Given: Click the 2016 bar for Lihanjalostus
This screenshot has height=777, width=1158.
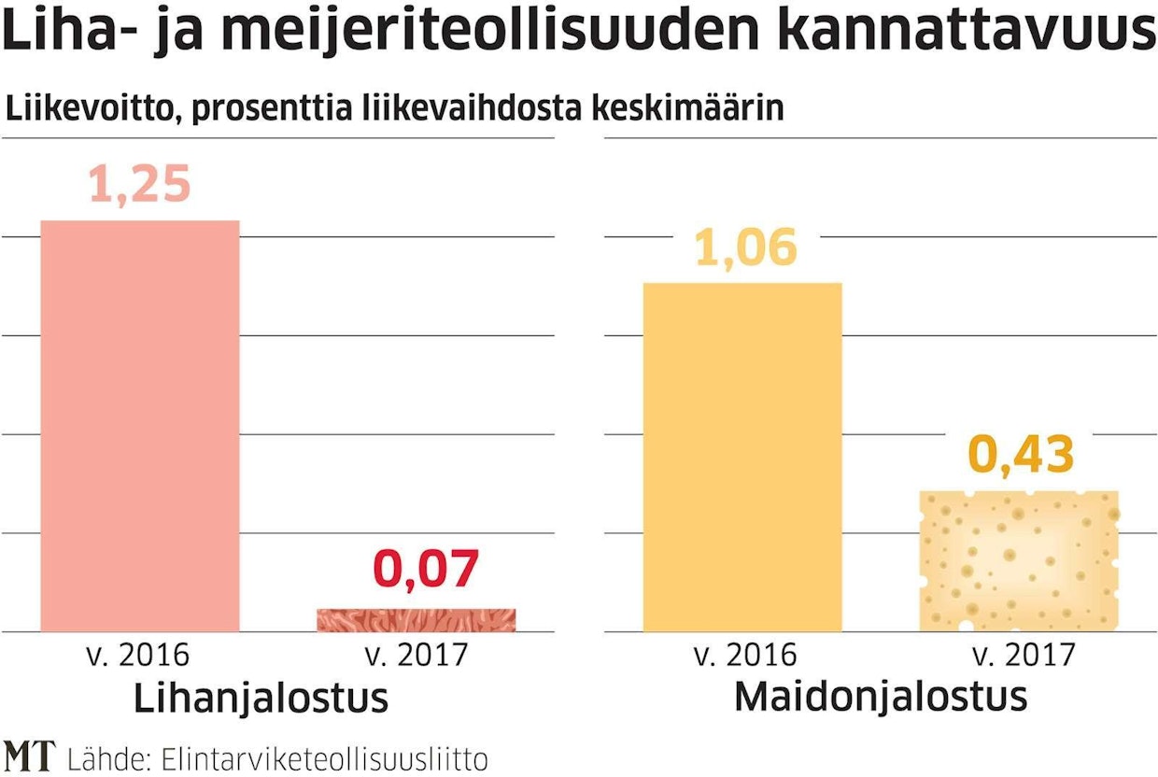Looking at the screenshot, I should click(x=140, y=425).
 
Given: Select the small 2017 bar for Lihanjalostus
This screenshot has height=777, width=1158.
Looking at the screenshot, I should click(x=416, y=620).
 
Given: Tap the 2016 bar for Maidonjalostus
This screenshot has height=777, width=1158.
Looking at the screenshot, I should click(x=742, y=456).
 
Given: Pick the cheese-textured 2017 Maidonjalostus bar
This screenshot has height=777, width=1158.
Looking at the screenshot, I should click(x=1019, y=560).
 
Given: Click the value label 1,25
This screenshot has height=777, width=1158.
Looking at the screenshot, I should click(x=140, y=184).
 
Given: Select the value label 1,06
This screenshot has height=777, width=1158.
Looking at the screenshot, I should click(x=746, y=248).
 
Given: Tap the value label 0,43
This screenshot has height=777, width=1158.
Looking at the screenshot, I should click(x=1021, y=455).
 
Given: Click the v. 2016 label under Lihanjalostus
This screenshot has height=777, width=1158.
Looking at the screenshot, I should click(x=140, y=655).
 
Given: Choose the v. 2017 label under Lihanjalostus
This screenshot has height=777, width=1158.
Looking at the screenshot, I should click(x=417, y=655).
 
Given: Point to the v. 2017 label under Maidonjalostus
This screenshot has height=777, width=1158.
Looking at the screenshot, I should click(x=1024, y=655).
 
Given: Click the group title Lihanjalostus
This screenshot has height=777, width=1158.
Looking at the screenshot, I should click(x=261, y=699).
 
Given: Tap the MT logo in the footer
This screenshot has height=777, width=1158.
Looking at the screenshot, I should click(x=29, y=756).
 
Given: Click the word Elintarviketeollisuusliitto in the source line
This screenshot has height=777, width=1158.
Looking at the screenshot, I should click(x=324, y=757).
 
